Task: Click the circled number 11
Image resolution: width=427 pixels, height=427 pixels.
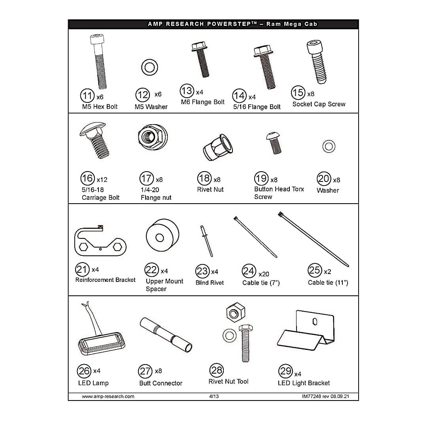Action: pos(87,96)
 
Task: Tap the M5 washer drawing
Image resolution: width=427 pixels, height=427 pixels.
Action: pos(149,67)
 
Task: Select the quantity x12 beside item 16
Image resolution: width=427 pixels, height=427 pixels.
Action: pos(102,180)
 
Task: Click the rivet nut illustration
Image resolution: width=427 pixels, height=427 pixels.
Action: pos(218,147)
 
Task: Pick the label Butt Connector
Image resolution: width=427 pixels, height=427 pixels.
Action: pos(161,383)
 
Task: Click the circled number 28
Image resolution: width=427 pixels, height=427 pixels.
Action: pos(217,370)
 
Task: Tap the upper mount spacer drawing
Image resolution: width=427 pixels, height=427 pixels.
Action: pos(162,235)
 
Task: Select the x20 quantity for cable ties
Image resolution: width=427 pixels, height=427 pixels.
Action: pos(264,274)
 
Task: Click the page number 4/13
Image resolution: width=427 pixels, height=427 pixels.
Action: pos(214,396)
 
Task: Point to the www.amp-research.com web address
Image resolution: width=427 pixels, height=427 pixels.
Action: pos(108,397)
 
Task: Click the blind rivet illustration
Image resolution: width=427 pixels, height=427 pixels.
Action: pos(206,241)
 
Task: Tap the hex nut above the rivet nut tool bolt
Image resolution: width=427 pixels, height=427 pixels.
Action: pos(236,313)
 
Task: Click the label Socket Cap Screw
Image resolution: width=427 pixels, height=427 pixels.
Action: pos(319,104)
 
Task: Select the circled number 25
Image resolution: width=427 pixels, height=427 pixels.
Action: pos(315,270)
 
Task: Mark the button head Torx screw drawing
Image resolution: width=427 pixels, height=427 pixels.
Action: pos(274,143)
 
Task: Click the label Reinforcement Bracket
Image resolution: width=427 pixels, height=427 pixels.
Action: pos(106,280)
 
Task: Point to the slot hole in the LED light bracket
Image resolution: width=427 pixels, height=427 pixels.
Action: pos(315,321)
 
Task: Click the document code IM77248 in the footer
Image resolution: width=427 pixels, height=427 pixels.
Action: pos(312,396)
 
